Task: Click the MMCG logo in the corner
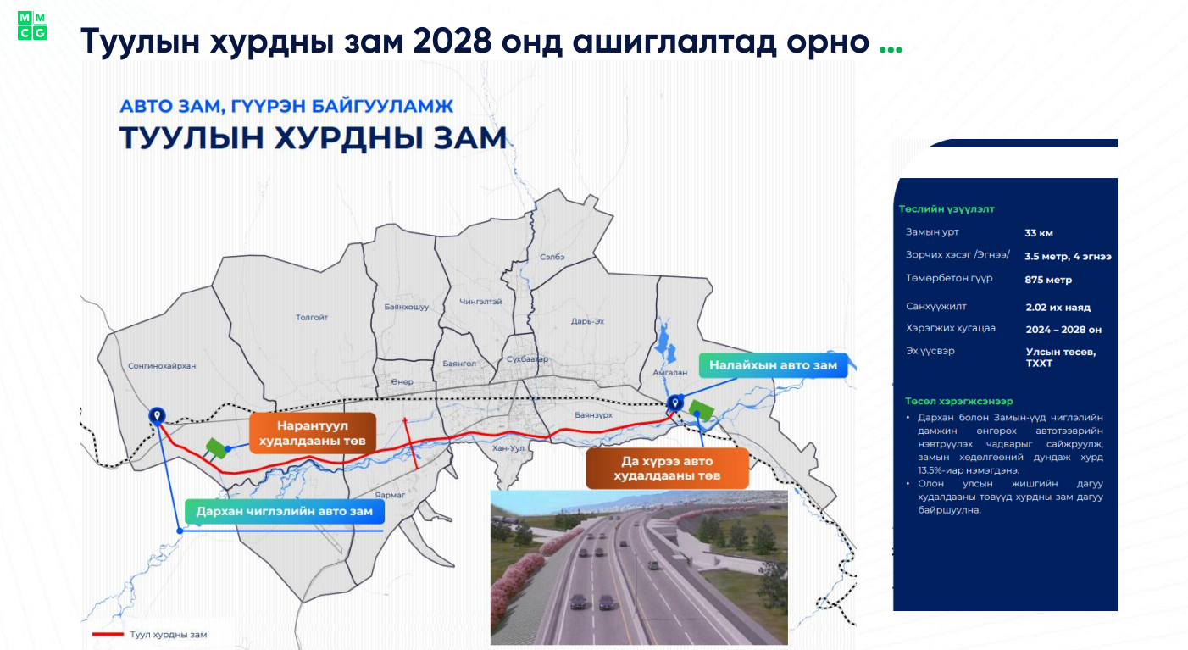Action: point(32,25)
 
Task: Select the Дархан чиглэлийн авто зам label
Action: point(284,511)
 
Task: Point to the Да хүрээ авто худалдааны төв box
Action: point(667,469)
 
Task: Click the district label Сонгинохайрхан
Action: point(161,366)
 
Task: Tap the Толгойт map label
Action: point(312,318)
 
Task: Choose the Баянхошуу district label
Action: point(407,307)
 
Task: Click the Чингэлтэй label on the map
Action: point(481,302)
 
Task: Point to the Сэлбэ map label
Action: point(552,257)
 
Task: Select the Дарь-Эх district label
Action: point(587,321)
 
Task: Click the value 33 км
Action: point(1039,233)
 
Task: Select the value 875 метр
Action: point(1048,280)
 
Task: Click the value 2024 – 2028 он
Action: point(1063,329)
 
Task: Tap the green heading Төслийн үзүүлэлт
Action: point(947,208)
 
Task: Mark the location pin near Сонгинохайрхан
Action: point(157,414)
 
